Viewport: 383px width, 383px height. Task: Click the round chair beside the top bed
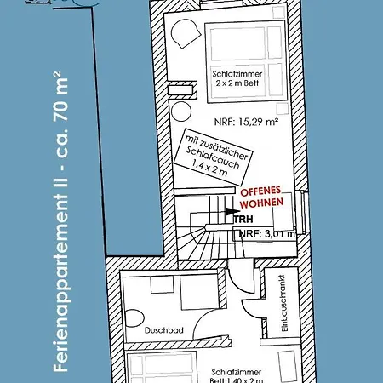click(x=183, y=37)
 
